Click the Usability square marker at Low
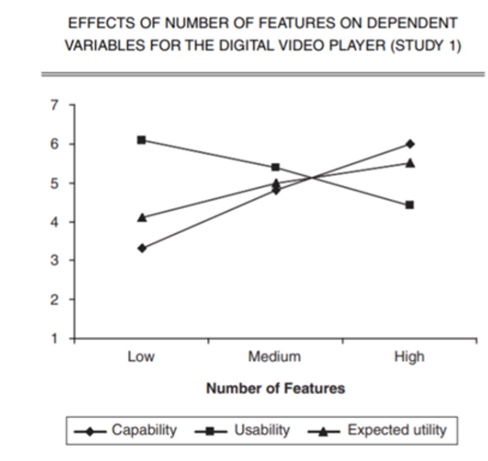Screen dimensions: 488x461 tap(141, 140)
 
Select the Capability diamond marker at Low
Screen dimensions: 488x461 tap(142, 248)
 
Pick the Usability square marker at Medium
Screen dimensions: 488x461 tap(275, 167)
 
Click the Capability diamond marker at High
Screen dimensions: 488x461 tap(410, 144)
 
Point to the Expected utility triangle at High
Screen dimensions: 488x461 tap(410, 164)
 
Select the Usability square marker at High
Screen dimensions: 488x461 tap(410, 205)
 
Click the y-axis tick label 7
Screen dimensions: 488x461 tap(55, 104)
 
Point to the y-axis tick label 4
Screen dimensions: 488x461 tap(55, 222)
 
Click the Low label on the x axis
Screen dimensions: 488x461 tap(141, 357)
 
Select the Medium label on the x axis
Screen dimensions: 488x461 tap(275, 357)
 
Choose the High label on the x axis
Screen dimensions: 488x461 tap(409, 357)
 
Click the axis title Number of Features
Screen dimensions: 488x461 tap(275, 388)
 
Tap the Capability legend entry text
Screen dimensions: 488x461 tap(144, 430)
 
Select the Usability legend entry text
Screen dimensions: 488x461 tap(262, 430)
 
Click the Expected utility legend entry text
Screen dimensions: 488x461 tap(397, 430)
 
